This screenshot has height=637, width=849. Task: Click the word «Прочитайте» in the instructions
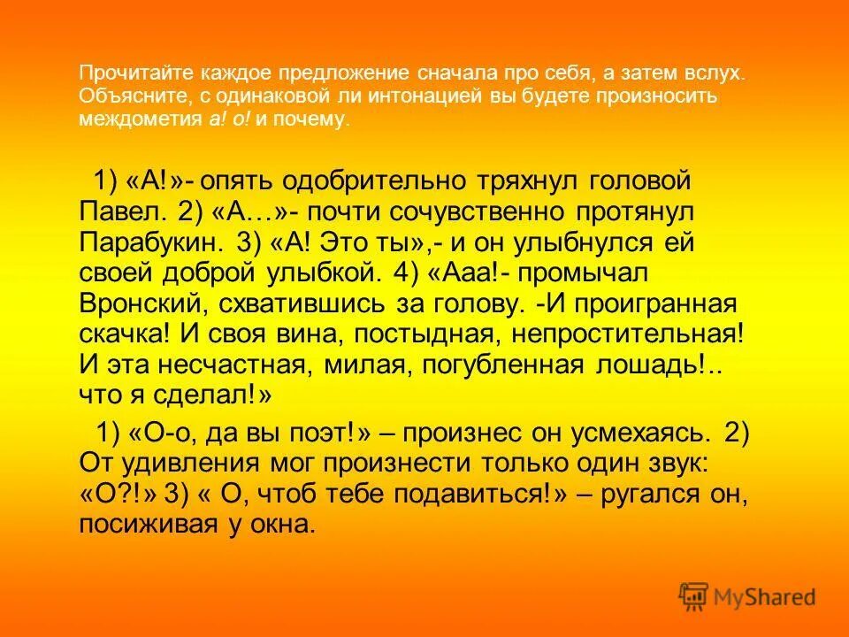(125, 73)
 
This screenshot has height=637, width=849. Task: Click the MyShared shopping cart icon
(693, 597)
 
